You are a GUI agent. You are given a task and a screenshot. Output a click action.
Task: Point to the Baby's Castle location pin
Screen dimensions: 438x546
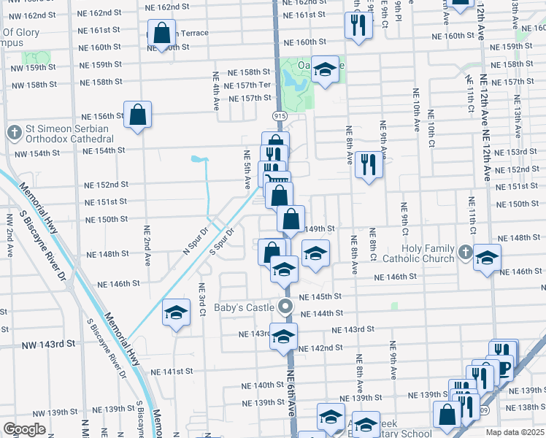point(286,307)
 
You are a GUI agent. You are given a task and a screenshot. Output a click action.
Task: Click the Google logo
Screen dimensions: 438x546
point(24,429)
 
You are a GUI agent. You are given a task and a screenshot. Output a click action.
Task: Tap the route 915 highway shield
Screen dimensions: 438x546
point(280,116)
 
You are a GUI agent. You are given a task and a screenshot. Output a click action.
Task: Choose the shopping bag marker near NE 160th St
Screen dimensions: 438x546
point(162,33)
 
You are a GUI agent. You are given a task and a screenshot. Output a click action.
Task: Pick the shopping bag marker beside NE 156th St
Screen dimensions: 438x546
point(137,115)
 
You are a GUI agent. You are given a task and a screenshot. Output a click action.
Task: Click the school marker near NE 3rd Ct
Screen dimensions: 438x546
point(176,313)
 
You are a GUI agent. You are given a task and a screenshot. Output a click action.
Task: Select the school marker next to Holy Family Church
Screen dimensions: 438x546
point(487,258)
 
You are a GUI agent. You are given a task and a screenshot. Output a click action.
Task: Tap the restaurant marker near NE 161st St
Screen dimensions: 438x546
point(358,25)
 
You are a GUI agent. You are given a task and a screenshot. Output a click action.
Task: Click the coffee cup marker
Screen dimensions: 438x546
point(502,371)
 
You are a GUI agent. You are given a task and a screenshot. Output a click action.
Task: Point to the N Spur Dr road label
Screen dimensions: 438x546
point(194,239)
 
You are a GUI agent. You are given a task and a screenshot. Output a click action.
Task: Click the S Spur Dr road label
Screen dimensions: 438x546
point(220,242)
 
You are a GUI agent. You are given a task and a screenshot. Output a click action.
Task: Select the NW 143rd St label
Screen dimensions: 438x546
point(49,344)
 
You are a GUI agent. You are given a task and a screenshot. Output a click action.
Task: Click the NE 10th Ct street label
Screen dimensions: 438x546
point(431,133)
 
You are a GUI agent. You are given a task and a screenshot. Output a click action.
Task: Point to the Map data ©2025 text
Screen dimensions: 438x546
point(515,432)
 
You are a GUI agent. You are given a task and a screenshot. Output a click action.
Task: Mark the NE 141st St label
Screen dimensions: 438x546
point(176,372)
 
